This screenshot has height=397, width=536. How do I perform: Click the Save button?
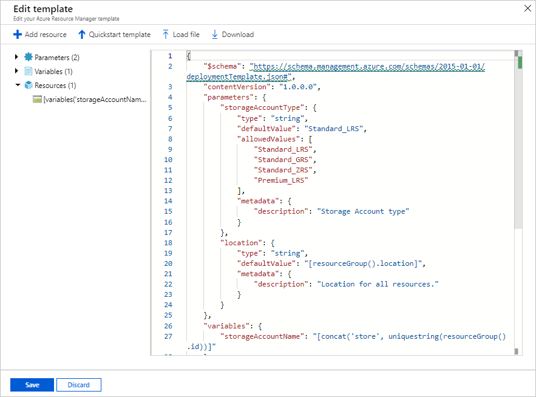pyautogui.click(x=32, y=385)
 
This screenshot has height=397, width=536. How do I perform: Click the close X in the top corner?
pyautogui.click(x=527, y=8)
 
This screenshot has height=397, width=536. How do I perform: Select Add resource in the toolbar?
pyautogui.click(x=40, y=35)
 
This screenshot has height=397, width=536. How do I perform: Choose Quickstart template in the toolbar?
pyautogui.click(x=114, y=35)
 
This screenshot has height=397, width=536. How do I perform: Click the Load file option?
pyautogui.click(x=180, y=35)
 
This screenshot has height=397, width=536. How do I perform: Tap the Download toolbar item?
pyautogui.click(x=232, y=35)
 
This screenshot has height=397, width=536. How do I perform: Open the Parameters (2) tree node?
pyautogui.click(x=56, y=58)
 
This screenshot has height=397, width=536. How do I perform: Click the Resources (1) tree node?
pyautogui.click(x=55, y=86)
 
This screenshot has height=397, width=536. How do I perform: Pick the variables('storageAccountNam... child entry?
pyautogui.click(x=94, y=100)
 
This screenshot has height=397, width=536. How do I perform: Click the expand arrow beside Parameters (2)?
pyautogui.click(x=16, y=58)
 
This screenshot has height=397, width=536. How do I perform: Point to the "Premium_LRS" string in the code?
pyautogui.click(x=281, y=180)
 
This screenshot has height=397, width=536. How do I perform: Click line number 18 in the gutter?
pyautogui.click(x=168, y=242)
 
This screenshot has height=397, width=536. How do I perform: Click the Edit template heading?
pyautogui.click(x=42, y=9)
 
